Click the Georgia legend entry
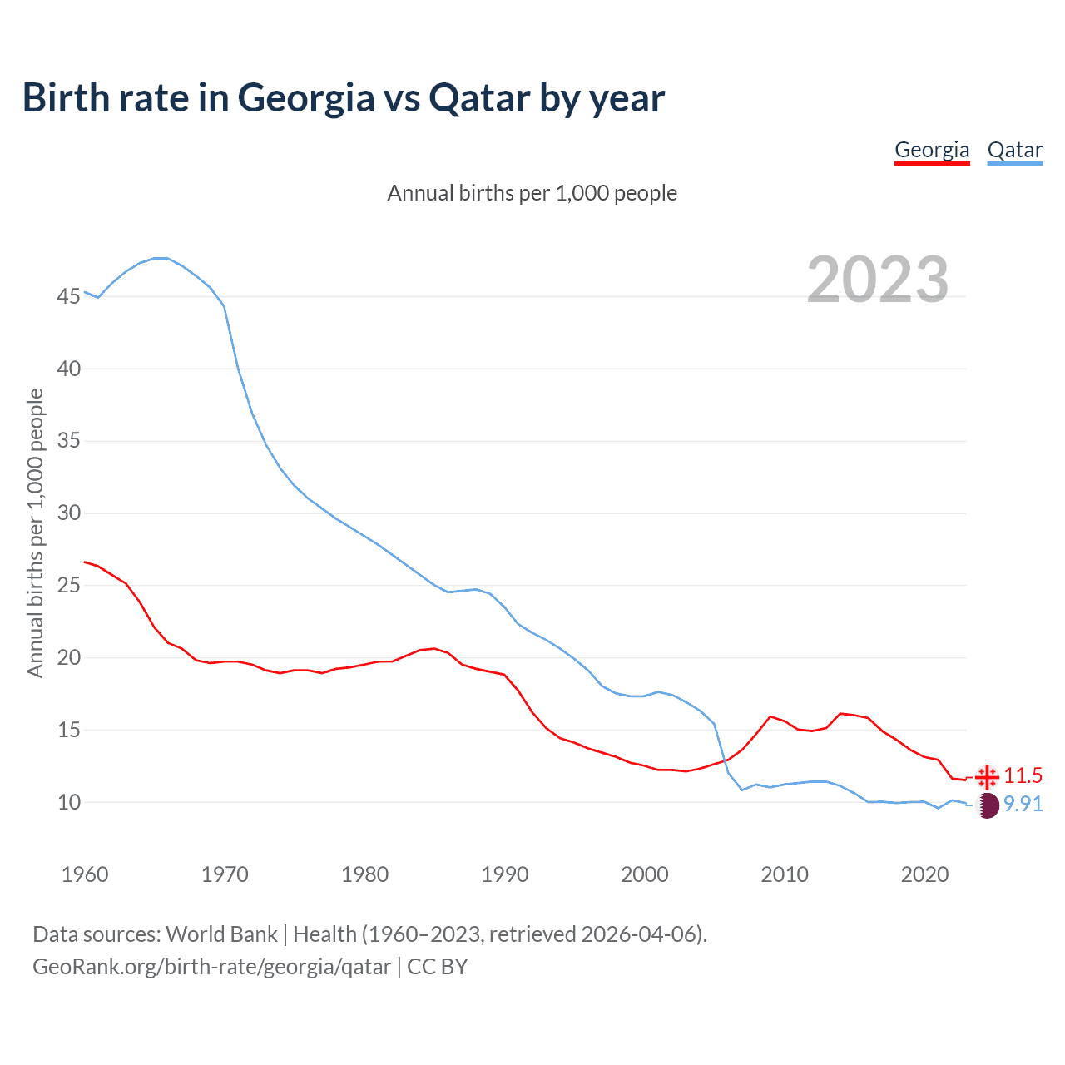pos(932,151)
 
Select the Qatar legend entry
pos(1014,151)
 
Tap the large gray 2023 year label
pos(878,280)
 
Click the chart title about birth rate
pos(343,98)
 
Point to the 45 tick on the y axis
pos(69,297)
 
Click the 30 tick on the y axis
pos(69,513)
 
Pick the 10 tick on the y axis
pos(69,803)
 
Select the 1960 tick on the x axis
pos(85,874)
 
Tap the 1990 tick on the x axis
pos(505,874)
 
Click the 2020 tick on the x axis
pos(924,874)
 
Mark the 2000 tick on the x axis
pos(645,874)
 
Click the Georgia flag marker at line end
pos(987,776)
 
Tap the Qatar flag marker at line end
pos(987,805)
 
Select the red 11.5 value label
pos(1023,776)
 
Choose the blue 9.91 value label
pos(1023,805)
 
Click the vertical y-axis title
pos(35,532)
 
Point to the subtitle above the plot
pos(532,194)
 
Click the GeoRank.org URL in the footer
pos(211,967)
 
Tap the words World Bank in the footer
pos(221,934)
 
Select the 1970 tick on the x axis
pos(225,874)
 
